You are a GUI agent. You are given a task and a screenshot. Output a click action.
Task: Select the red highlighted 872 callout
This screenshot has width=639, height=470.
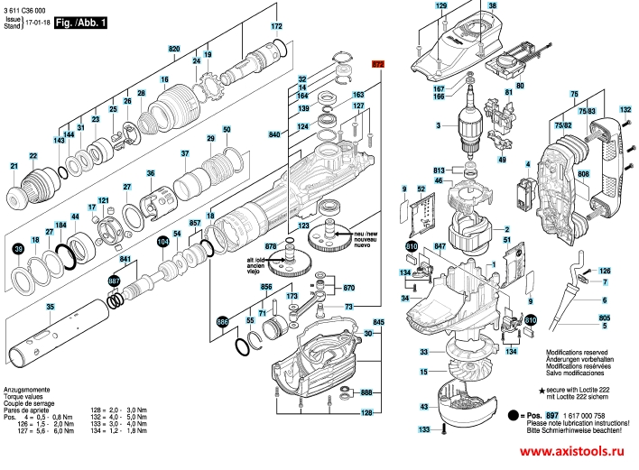coord(378,65)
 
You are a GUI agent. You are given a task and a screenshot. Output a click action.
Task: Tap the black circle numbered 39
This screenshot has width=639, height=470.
coord(18,248)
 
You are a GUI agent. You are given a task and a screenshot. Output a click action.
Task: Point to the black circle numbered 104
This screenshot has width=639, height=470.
coord(162,242)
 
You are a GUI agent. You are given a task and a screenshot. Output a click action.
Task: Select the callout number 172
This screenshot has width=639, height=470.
coord(277,27)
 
